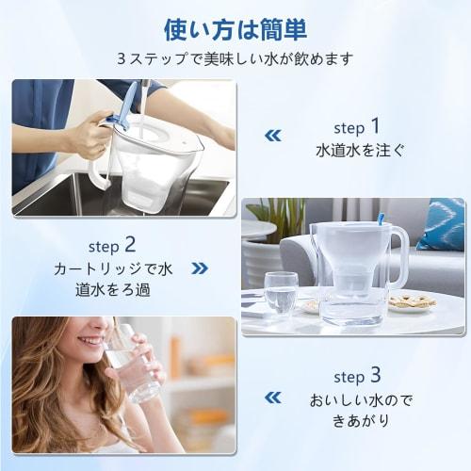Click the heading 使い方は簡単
click(x=235, y=30)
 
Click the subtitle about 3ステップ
click(x=235, y=58)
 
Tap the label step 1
click(x=357, y=126)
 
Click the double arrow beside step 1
click(x=272, y=136)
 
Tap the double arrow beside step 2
click(x=200, y=268)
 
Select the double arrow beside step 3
click(x=272, y=398)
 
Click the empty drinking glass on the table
click(x=280, y=292)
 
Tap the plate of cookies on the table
click(x=411, y=301)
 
